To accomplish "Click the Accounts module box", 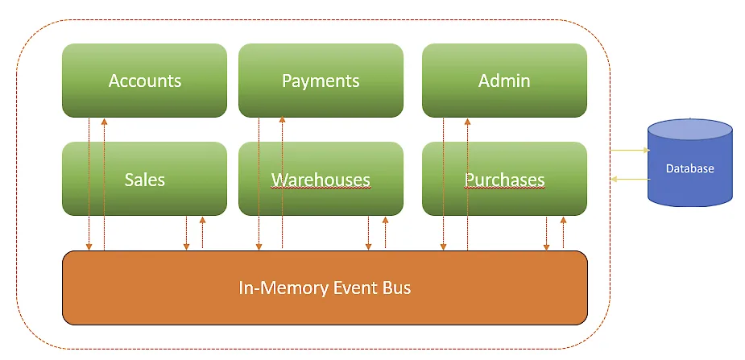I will click(145, 81).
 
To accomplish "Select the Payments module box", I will click(321, 81).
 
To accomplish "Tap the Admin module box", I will click(504, 81).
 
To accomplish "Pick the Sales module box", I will click(145, 179).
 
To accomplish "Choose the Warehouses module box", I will click(321, 179).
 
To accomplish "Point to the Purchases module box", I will click(504, 179).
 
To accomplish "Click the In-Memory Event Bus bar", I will click(325, 288).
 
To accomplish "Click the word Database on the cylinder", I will click(690, 168).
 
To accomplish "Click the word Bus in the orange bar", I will click(395, 288).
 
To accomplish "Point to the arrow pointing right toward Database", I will click(629, 150).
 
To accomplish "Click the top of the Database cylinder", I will click(690, 129).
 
